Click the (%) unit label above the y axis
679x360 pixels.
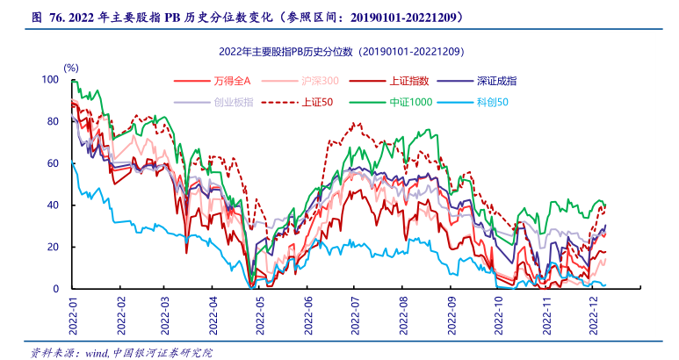tap(71, 67)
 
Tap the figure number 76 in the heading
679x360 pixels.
tap(55, 17)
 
